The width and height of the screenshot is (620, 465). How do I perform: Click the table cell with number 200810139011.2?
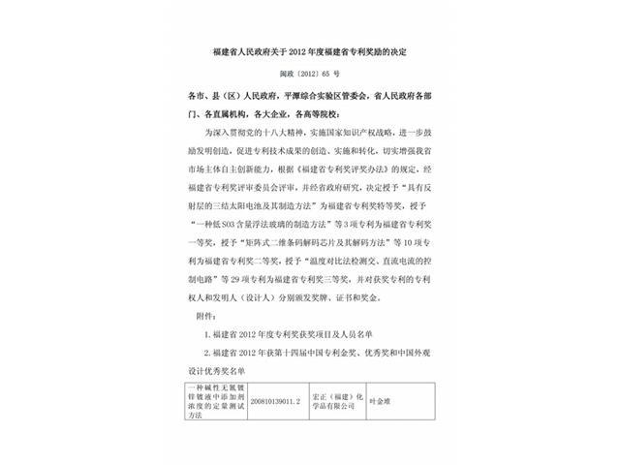pyautogui.click(x=274, y=399)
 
